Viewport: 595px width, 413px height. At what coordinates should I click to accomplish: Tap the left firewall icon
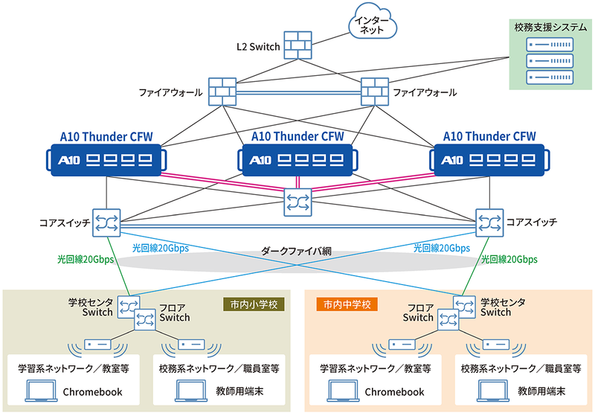click(222, 91)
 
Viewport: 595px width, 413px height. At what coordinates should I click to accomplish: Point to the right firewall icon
click(374, 91)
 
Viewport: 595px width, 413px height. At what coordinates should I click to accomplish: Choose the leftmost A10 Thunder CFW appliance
click(106, 159)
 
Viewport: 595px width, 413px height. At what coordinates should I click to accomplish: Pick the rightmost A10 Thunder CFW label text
click(489, 136)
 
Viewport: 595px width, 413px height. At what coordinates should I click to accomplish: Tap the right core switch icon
click(489, 222)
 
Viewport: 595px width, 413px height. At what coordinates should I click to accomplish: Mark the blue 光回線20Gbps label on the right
click(442, 248)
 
